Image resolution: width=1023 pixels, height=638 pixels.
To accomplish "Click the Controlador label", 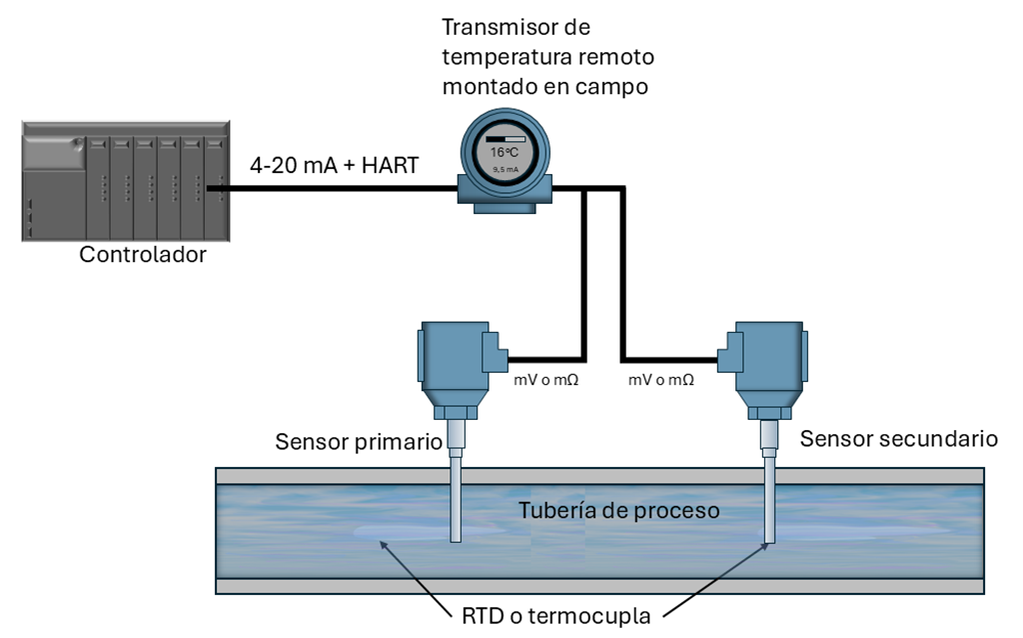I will pyautogui.click(x=143, y=254).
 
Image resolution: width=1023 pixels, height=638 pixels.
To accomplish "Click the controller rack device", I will pyautogui.click(x=125, y=180).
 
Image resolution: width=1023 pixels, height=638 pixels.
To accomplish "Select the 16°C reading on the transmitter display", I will pyautogui.click(x=504, y=154).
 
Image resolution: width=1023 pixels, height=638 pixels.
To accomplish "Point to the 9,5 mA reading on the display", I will pyautogui.click(x=504, y=170).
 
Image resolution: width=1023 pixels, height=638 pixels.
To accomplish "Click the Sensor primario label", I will pyautogui.click(x=359, y=442).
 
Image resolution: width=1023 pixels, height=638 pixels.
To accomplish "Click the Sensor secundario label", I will pyautogui.click(x=899, y=438).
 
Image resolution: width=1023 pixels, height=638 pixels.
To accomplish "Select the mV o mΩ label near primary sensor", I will pyautogui.click(x=545, y=380).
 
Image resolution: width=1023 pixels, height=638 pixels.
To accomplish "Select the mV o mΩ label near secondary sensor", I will pyautogui.click(x=660, y=380).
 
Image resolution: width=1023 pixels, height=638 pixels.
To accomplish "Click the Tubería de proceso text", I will pyautogui.click(x=618, y=511).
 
